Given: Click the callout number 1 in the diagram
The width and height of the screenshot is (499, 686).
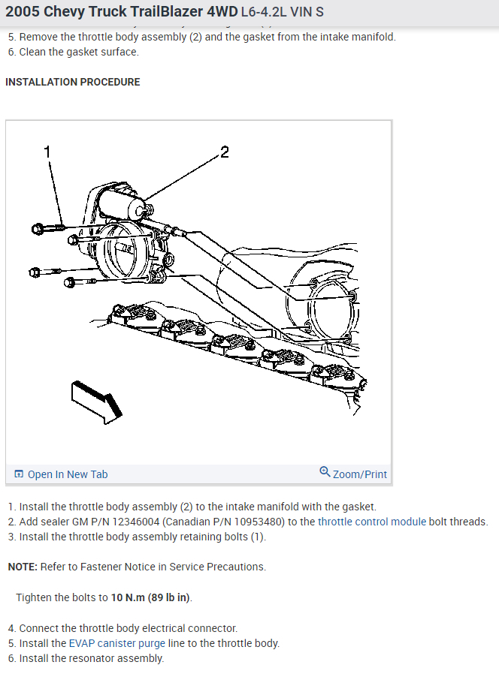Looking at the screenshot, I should pos(47,152).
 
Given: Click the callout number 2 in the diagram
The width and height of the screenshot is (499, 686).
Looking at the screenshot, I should pos(224,152).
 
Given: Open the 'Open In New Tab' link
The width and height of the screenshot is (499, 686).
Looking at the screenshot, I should pos(68,474).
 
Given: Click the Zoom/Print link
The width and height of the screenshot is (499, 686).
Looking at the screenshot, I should pos(360,474).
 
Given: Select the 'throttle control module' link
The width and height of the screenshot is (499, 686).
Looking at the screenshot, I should pos(372,522).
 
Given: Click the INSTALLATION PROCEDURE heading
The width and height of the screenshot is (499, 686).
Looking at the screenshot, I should pos(73,82).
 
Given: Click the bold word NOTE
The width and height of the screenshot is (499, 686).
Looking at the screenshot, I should pos(22,567).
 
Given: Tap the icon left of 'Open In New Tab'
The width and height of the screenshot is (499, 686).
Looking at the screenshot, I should pos(19,474).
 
